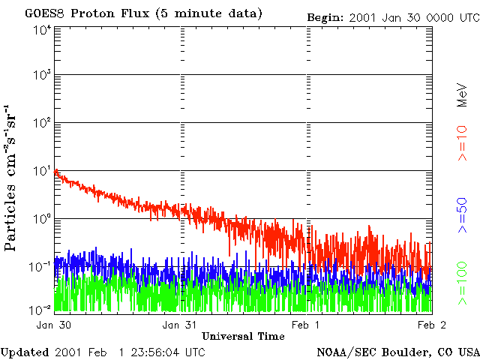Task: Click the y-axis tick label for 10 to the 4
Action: [x=42, y=30]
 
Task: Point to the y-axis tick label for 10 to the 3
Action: [x=42, y=76]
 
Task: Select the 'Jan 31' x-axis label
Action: [x=180, y=325]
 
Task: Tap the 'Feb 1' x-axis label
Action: [x=305, y=325]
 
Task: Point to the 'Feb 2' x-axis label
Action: [x=432, y=325]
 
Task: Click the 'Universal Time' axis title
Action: [x=243, y=336]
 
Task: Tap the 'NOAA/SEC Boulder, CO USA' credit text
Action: [x=397, y=352]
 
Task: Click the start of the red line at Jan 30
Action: [x=56, y=172]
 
